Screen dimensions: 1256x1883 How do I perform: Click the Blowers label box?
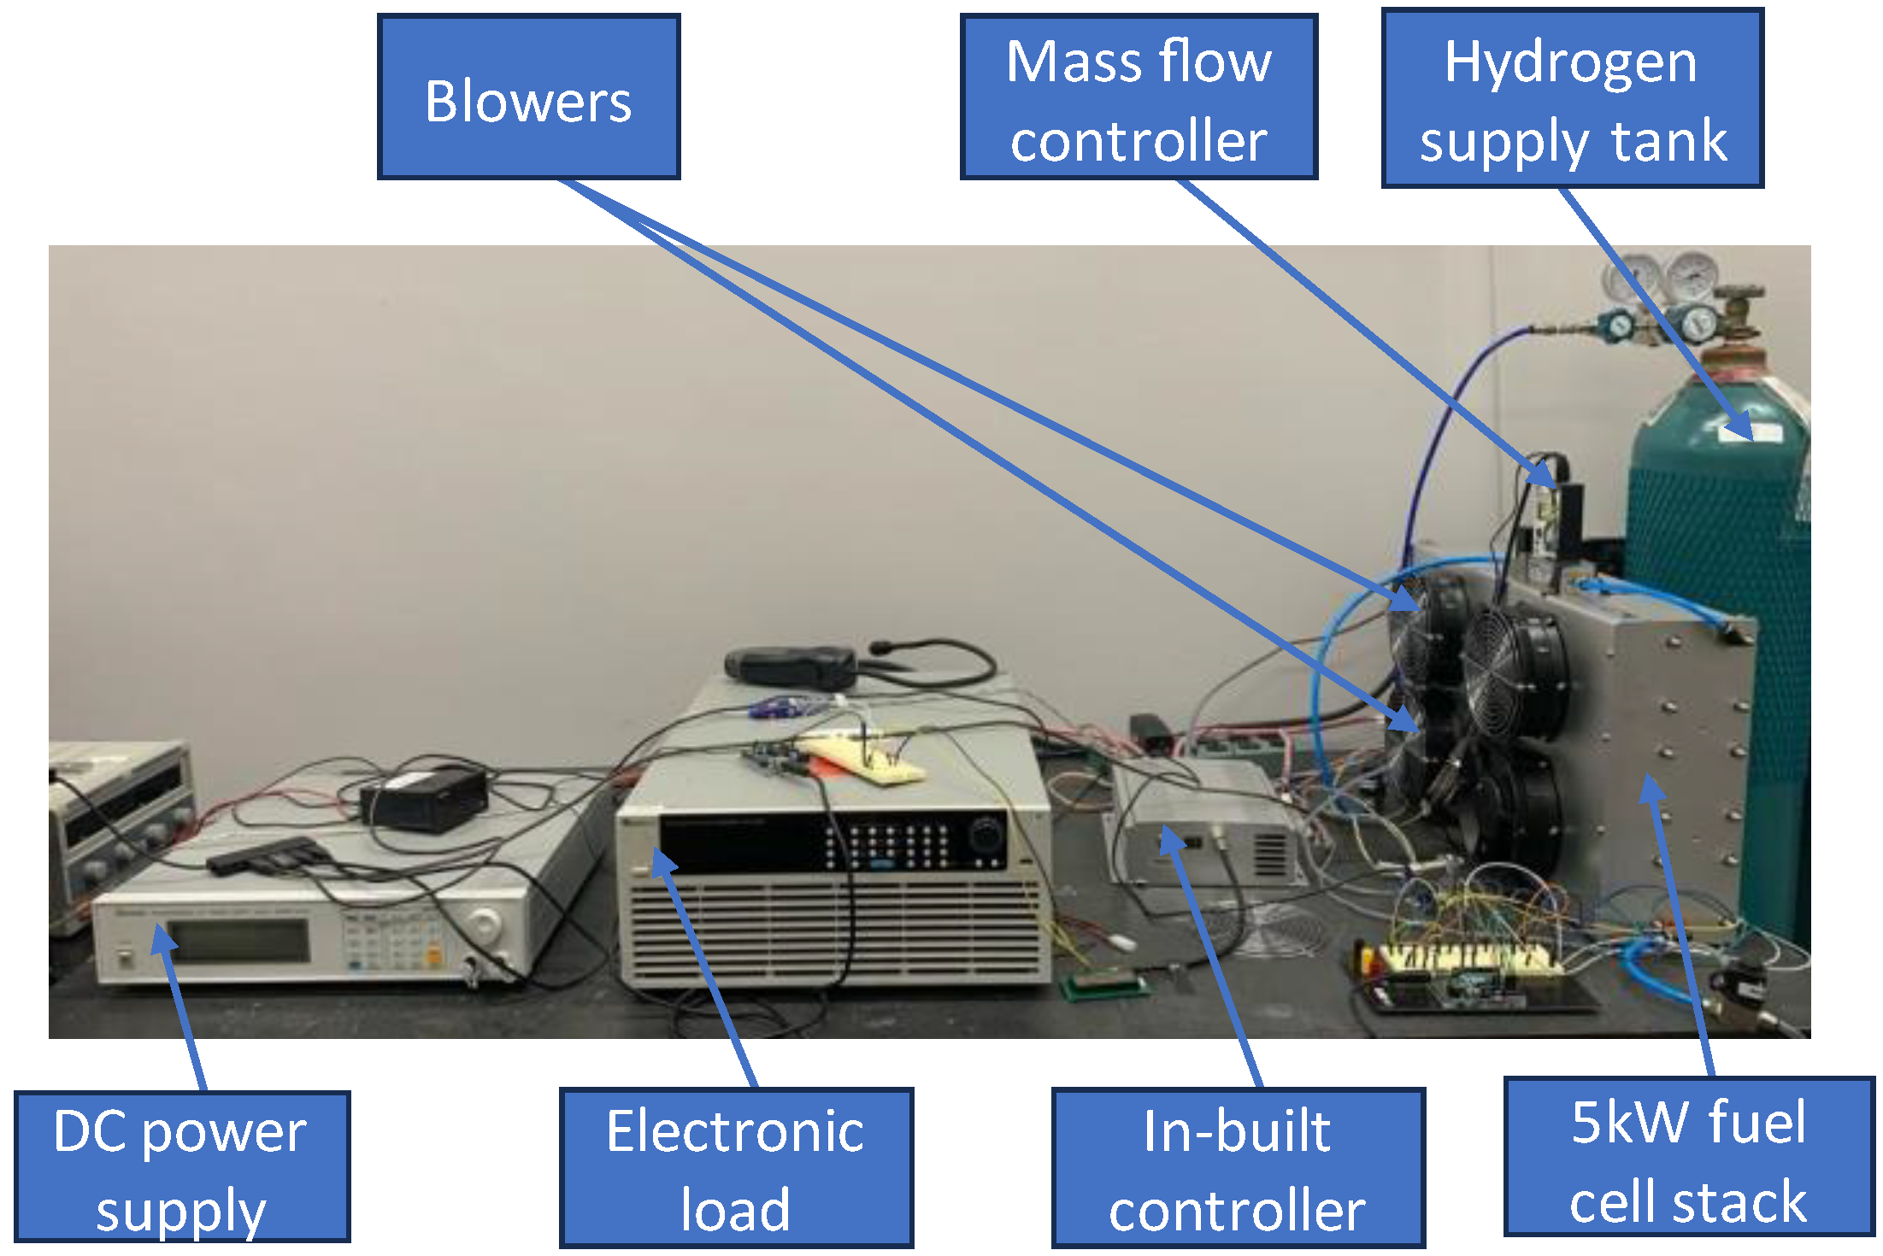coord(528,97)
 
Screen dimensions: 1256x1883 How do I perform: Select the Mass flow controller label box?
coord(1138,97)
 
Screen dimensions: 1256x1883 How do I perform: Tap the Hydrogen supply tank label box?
coord(1572,98)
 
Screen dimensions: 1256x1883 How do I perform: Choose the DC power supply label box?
coord(182,1166)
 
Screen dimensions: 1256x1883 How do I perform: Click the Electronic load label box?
coord(736,1167)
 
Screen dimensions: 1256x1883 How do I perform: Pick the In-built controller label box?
coord(1238,1167)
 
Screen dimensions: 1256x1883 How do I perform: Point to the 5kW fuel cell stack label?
coord(1688,1157)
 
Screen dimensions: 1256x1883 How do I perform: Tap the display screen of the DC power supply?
coord(238,941)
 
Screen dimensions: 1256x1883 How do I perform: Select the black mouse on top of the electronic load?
coord(790,666)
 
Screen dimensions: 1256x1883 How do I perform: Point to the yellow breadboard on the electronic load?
coord(863,760)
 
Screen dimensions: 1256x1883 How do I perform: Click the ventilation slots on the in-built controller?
coord(1269,854)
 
